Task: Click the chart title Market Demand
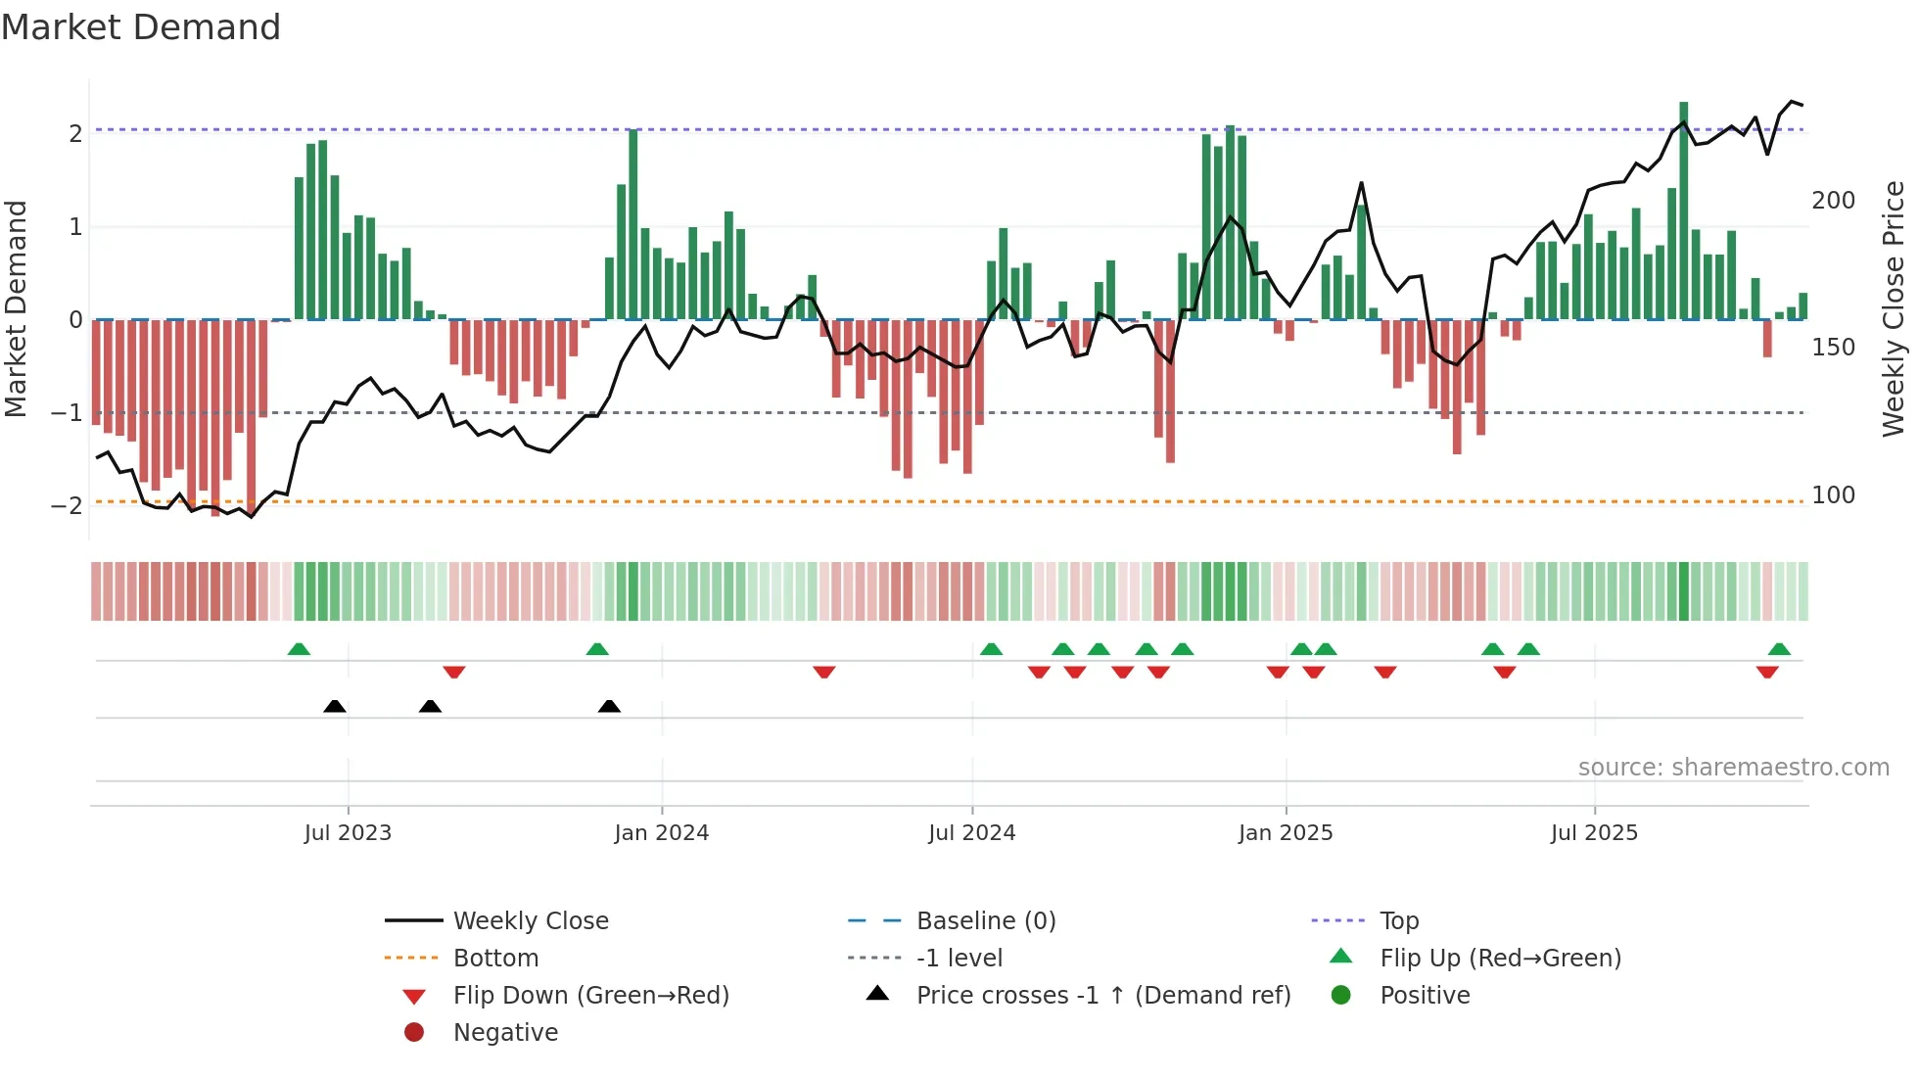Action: click(141, 27)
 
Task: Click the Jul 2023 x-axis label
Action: click(348, 833)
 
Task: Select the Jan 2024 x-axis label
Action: click(661, 833)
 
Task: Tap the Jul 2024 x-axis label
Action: click(971, 833)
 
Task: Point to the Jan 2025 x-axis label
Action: click(1285, 833)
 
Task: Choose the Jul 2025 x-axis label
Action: click(1594, 833)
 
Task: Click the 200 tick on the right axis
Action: click(1833, 201)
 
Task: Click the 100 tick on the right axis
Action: click(1833, 495)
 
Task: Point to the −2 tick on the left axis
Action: click(67, 506)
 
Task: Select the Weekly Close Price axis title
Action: click(1894, 308)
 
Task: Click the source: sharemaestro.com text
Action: click(1733, 768)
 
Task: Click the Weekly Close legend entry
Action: click(530, 921)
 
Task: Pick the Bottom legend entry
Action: click(495, 959)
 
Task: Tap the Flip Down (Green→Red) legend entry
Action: click(590, 996)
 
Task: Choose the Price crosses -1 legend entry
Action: click(1102, 996)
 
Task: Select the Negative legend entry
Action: click(505, 1033)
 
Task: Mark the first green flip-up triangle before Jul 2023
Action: click(299, 649)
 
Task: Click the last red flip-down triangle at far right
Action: click(1766, 673)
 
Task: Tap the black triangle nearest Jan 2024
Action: click(609, 706)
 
